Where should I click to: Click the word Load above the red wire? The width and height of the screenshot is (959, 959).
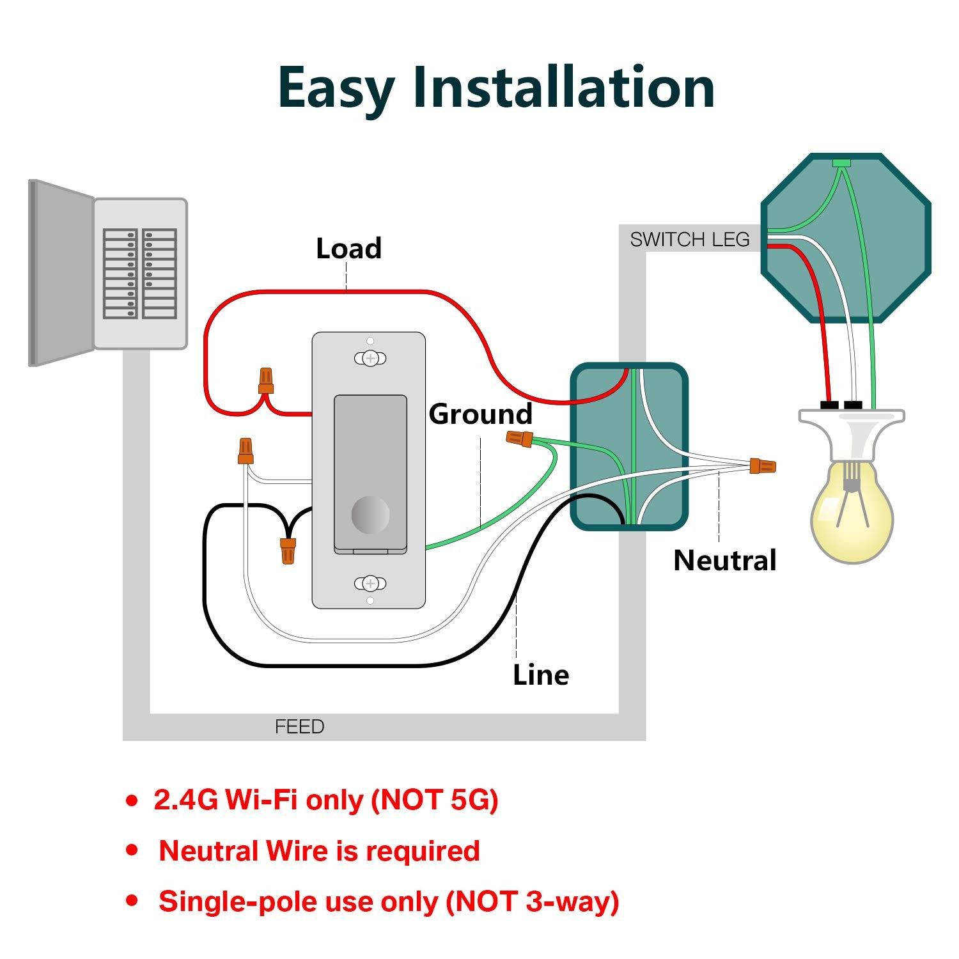click(348, 248)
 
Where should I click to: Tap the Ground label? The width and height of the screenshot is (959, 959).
click(480, 414)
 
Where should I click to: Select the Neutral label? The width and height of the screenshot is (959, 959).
click(724, 560)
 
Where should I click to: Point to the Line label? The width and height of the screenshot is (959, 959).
click(541, 675)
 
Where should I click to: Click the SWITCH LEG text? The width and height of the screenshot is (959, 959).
click(689, 240)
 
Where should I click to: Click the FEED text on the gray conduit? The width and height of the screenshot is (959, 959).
click(299, 727)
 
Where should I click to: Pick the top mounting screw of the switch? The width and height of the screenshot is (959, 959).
click(370, 358)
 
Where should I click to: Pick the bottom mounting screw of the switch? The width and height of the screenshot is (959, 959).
click(370, 583)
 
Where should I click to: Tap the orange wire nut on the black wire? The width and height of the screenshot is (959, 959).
click(288, 550)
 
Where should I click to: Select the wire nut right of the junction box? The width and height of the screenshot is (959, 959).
click(763, 466)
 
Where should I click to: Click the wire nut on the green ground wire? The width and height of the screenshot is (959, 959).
click(519, 439)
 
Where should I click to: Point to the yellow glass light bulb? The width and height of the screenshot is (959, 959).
click(851, 511)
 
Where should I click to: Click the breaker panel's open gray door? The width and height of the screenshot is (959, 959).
click(61, 273)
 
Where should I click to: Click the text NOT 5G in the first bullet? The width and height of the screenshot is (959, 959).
click(435, 800)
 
